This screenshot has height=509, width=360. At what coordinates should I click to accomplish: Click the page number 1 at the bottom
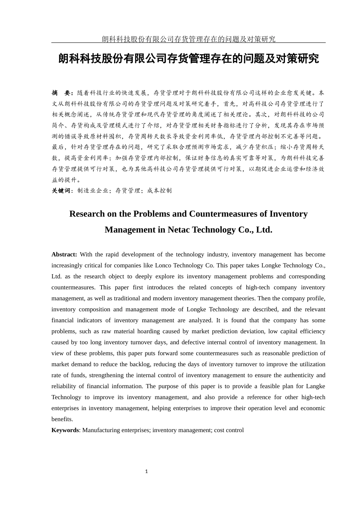(x=146, y=472)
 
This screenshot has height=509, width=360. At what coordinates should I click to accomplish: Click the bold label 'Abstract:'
(x=64, y=254)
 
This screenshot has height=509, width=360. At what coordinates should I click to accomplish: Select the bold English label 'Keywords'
(x=65, y=430)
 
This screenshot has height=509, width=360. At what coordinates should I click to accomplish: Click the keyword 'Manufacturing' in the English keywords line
(x=100, y=430)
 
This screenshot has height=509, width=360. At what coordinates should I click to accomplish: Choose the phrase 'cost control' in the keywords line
(x=229, y=430)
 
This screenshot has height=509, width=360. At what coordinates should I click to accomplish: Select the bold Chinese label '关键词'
(x=61, y=190)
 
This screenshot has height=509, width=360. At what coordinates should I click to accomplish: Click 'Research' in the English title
(x=87, y=214)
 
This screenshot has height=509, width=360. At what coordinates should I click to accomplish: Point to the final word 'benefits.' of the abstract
(x=62, y=419)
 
